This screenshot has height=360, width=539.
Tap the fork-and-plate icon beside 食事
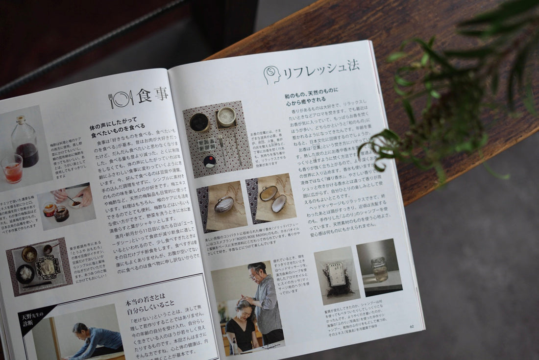121,99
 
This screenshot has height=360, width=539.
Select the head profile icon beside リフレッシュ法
272,75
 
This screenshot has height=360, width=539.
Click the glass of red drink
13,168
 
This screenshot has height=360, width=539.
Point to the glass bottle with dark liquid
26,142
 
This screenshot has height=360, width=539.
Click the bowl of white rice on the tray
25,272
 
